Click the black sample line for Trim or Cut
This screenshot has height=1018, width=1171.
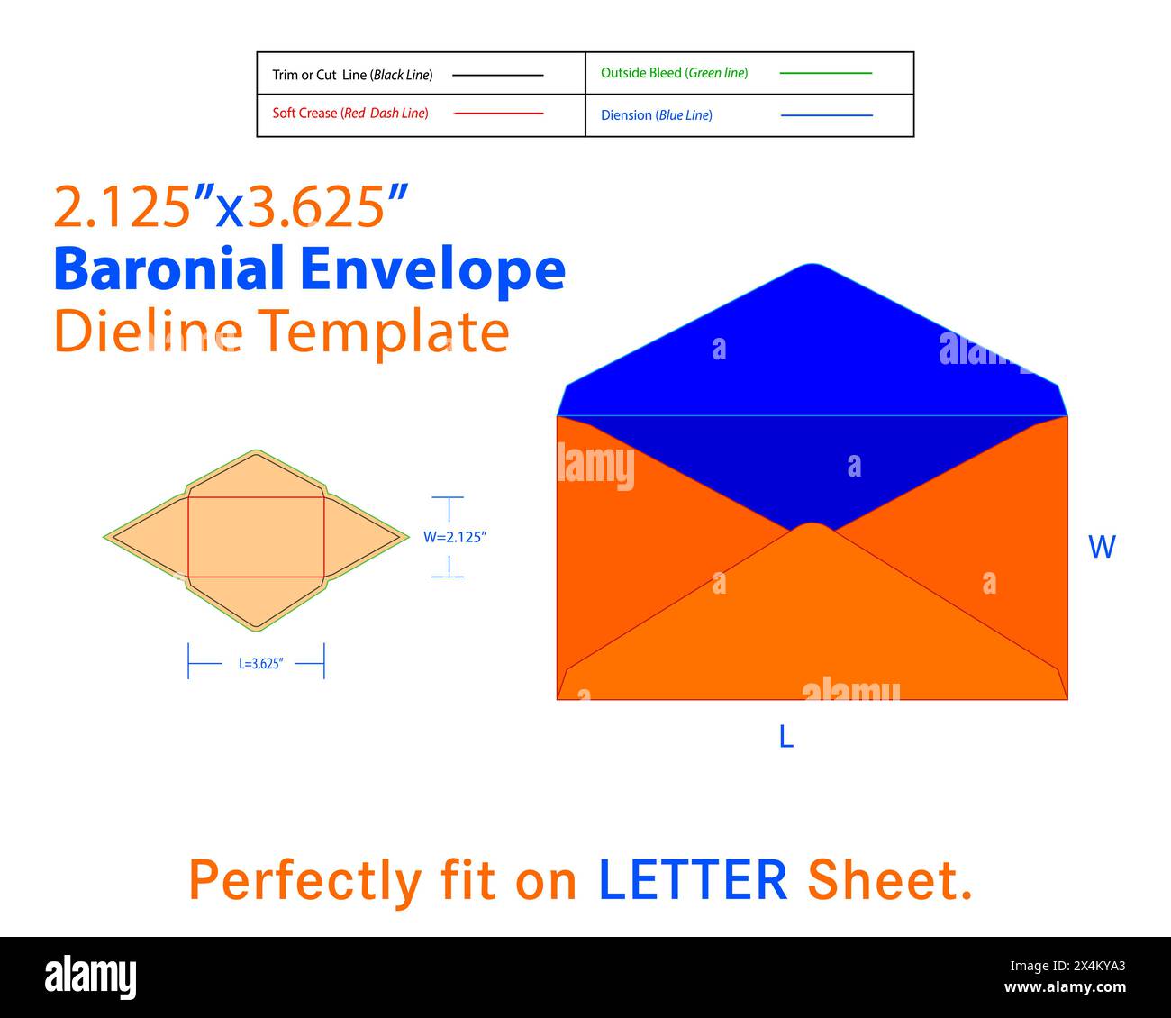[497, 75]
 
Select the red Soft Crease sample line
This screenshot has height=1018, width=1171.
[498, 114]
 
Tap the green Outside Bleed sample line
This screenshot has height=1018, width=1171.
[825, 73]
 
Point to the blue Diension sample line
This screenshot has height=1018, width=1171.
[826, 115]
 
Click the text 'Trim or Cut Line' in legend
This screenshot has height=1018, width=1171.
[320, 75]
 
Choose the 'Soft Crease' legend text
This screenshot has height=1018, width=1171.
[304, 114]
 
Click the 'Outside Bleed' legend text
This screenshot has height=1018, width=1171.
[641, 73]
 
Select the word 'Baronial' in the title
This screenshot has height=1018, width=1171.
[168, 268]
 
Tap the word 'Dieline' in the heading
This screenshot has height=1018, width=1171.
[149, 331]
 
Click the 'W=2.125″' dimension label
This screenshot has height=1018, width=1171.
[455, 537]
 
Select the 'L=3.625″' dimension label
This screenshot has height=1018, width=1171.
[261, 664]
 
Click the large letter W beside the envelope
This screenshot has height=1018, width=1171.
[1102, 547]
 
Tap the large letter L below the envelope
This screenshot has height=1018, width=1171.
[786, 736]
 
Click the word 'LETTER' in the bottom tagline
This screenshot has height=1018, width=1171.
[693, 880]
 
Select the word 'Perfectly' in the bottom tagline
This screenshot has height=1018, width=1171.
[305, 883]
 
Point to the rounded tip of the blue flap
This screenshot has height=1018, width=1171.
[812, 264]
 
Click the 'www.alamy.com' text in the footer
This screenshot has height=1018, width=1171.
[1065, 986]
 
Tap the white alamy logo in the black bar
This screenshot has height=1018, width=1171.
[90, 977]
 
